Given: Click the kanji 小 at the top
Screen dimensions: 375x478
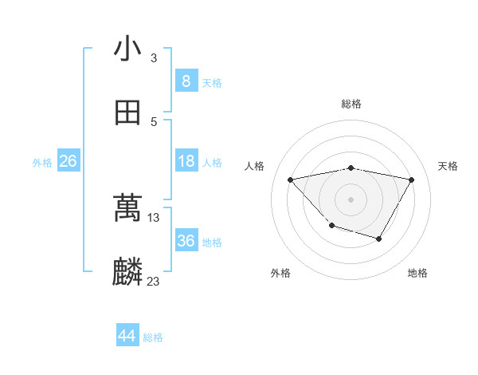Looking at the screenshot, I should click(127, 49).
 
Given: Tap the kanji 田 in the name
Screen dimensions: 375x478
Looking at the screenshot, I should click(127, 113).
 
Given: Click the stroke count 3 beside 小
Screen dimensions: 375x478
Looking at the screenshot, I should click(154, 57).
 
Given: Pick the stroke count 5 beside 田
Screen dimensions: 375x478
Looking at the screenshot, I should click(154, 121).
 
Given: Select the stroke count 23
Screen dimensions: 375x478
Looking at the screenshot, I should click(154, 281).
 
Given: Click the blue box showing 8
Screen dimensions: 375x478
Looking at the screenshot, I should click(186, 81).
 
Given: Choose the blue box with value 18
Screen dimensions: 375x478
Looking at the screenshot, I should click(186, 161).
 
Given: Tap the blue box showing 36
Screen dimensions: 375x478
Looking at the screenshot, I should click(186, 241).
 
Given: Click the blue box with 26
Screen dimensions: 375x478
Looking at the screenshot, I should click(68, 161).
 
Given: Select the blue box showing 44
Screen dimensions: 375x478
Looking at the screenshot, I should click(127, 336).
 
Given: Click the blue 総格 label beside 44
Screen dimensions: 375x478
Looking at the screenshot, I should click(153, 337).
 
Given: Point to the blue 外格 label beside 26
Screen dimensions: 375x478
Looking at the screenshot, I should click(42, 163).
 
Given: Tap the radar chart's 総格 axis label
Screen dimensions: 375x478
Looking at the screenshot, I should click(351, 104).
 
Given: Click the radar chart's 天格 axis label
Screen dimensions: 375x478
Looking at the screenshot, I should click(449, 166).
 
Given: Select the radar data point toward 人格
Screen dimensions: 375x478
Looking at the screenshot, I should click(290, 180).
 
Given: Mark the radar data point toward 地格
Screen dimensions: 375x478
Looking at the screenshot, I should click(379, 239).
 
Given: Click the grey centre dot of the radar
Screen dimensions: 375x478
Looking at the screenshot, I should click(351, 199).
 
